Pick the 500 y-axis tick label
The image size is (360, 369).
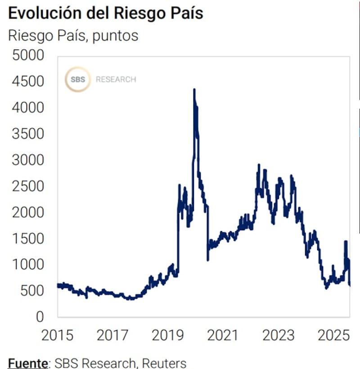(32, 291)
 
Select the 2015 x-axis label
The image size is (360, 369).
(58, 336)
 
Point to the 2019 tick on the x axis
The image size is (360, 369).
(168, 336)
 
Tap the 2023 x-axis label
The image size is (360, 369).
(279, 336)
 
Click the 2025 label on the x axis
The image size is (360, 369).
(334, 336)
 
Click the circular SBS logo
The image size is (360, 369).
(77, 79)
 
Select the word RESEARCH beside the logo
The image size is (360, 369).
(116, 80)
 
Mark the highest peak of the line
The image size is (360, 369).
(194, 90)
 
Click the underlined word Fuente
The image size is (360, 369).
(27, 363)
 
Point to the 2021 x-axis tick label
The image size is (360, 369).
(224, 336)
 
